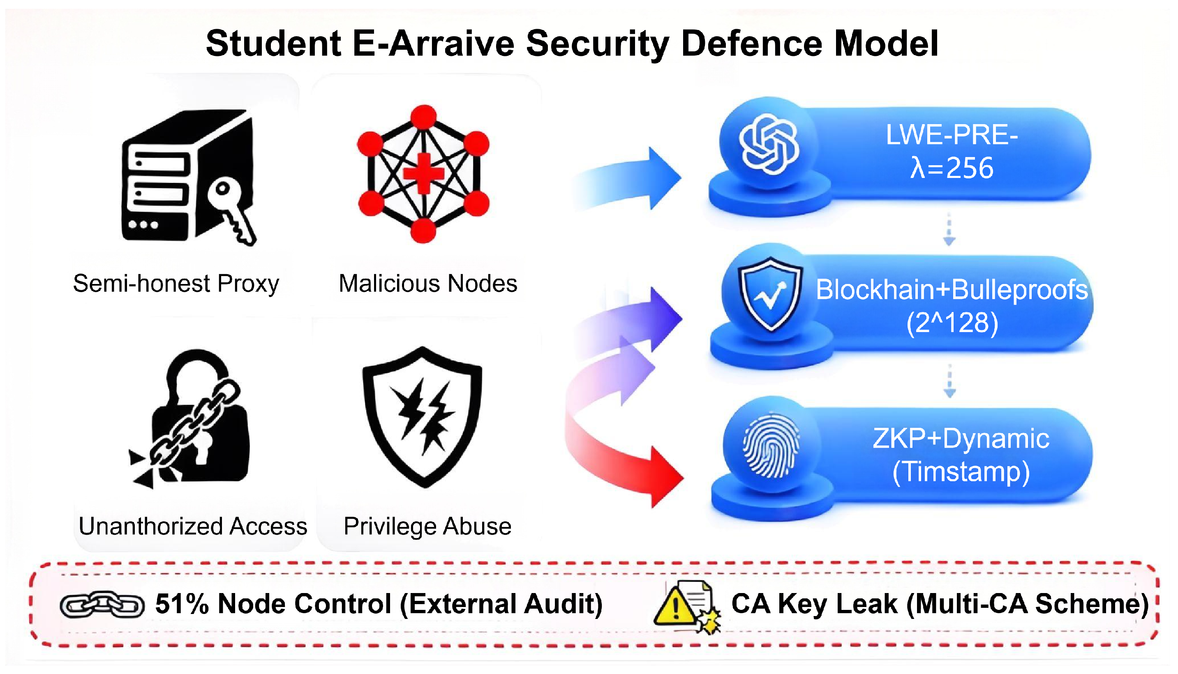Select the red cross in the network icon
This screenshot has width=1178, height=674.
coord(423,173)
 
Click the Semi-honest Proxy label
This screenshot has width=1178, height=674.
coord(176,283)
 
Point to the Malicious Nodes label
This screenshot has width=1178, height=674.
coord(428,283)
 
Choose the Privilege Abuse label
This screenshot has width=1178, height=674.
coord(427,526)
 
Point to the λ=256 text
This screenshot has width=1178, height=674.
coord(952,168)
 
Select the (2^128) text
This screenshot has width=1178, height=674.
coord(952,322)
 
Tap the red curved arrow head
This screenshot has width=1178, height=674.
coord(665,477)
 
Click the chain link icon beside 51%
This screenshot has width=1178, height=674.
coord(102,604)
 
